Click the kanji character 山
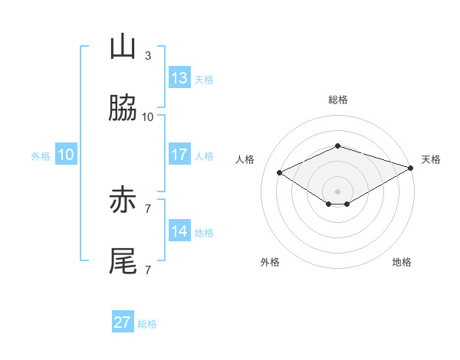[123, 47]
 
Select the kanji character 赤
[123, 201]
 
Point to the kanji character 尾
[123, 262]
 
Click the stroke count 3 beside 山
[147, 56]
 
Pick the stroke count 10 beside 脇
[147, 117]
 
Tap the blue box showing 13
[179, 78]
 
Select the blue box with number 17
[179, 155]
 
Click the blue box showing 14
[179, 231]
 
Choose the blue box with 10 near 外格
[66, 155]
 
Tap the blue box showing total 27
[123, 322]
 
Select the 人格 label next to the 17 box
[204, 156]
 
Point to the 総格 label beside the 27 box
[147, 324]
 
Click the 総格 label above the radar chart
[338, 100]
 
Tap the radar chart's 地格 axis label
[402, 263]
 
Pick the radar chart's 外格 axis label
[270, 263]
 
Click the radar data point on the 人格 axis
[280, 173]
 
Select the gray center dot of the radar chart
[338, 191]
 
